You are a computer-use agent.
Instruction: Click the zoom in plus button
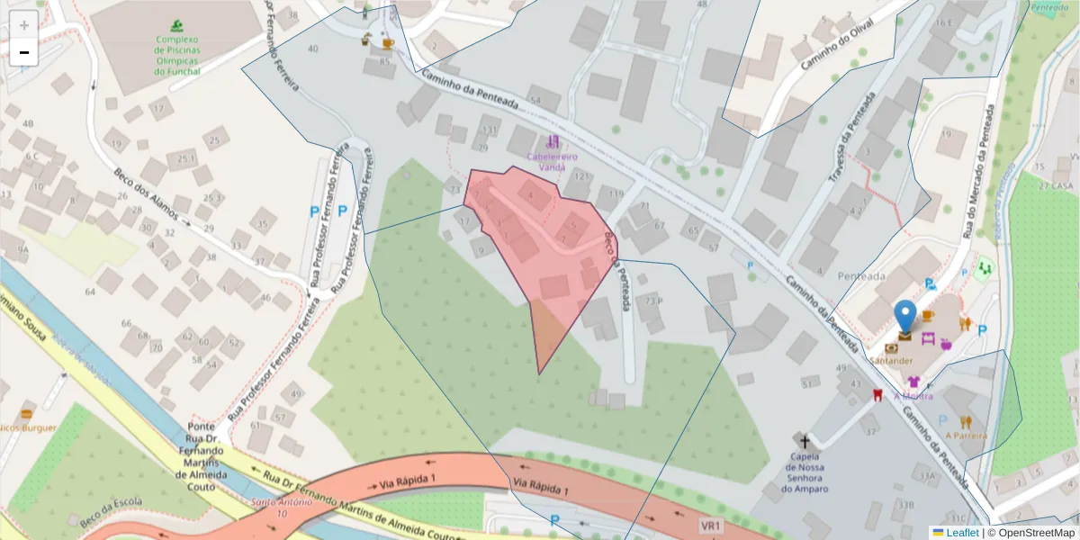click(x=24, y=25)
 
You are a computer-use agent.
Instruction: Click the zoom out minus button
click(x=24, y=52)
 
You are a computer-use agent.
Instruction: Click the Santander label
click(x=891, y=361)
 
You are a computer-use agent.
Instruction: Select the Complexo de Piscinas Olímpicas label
click(x=183, y=55)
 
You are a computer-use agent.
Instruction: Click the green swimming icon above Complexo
click(x=183, y=26)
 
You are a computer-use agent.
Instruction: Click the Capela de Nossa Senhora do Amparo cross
click(x=805, y=441)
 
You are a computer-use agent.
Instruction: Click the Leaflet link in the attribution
click(x=963, y=533)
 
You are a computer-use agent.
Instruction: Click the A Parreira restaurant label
click(x=966, y=436)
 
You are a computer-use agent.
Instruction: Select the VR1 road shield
click(x=710, y=525)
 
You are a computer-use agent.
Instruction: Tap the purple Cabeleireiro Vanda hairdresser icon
click(x=553, y=141)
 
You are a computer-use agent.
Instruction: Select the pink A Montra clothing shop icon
click(x=913, y=382)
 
